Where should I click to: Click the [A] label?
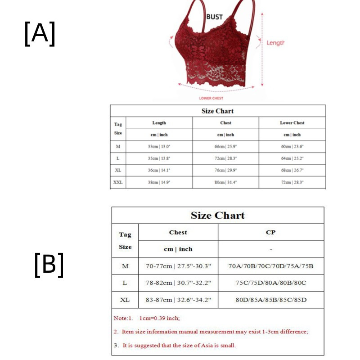point(40,34)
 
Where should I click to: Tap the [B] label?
point(49,265)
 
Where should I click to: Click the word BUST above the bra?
point(214,17)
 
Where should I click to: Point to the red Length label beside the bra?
point(275,43)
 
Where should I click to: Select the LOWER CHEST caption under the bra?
point(211,98)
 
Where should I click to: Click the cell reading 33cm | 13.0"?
point(159,147)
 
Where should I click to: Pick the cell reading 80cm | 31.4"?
point(225,182)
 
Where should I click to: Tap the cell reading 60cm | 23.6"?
point(292,147)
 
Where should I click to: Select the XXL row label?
point(118,182)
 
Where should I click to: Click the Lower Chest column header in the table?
point(292,123)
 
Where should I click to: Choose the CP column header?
point(270,232)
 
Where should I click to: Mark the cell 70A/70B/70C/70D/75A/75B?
point(270,266)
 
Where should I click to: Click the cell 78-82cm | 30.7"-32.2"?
point(178,283)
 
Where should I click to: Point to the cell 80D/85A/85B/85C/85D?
point(270,300)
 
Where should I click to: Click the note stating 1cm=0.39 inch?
point(147,318)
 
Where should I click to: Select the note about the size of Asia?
point(175,346)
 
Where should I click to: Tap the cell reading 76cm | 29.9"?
point(225,171)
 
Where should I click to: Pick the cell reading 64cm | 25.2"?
point(292,158)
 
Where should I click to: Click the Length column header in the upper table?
point(159,123)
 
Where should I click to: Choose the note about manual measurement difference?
point(211,332)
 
